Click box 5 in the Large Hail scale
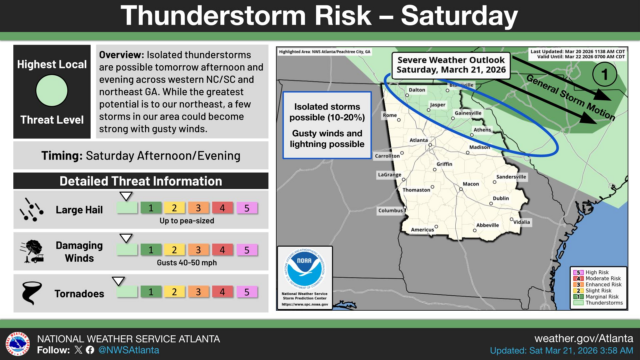click(x=245, y=207)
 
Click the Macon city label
click(x=471, y=184)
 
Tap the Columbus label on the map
click(x=391, y=210)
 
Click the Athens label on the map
click(x=483, y=130)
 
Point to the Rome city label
click(x=390, y=115)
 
